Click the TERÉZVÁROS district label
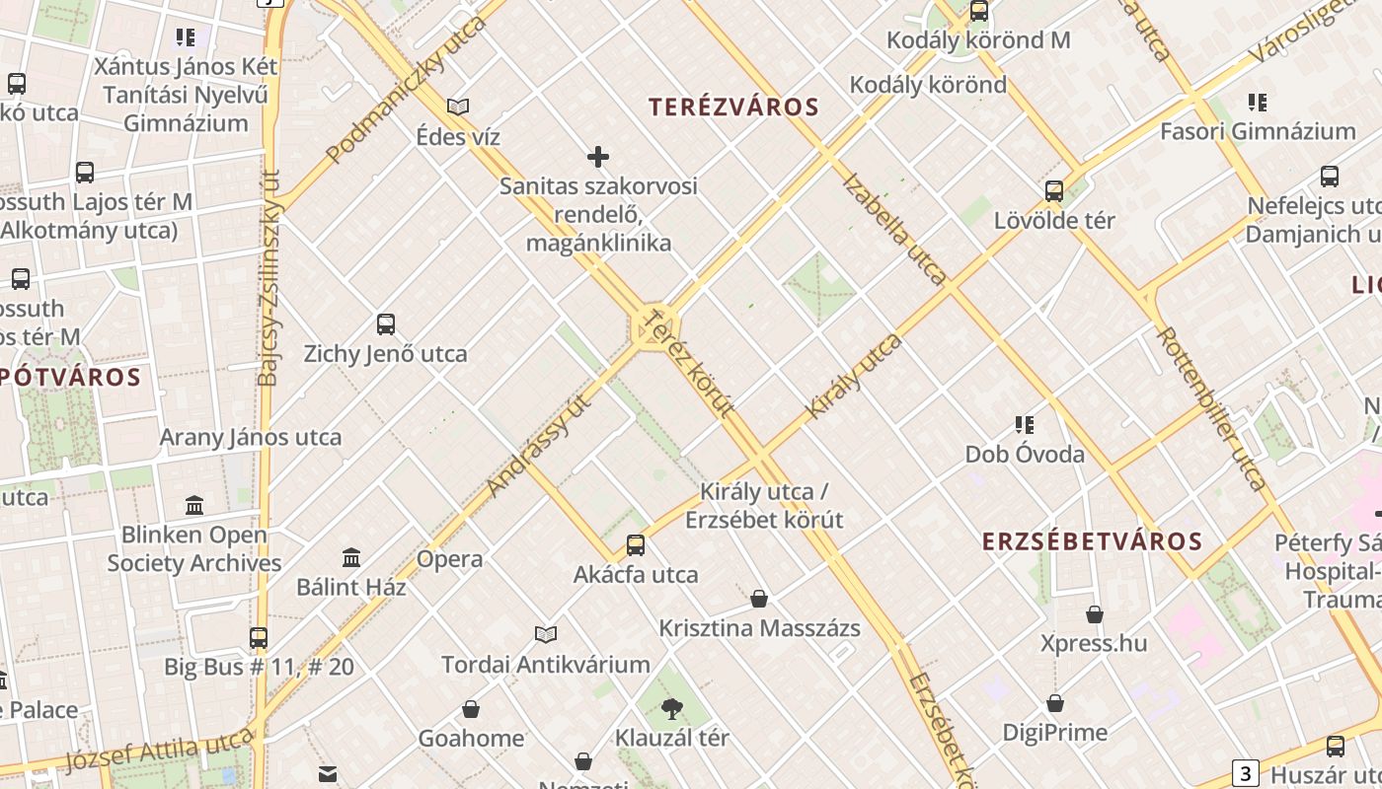coord(733,108)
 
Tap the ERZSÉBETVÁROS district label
coord(1092,540)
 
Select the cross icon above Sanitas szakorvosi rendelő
coord(598,156)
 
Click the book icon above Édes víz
coord(458,107)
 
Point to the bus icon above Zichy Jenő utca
coord(386,323)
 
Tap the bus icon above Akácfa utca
coord(636,544)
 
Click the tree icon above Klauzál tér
coord(672,707)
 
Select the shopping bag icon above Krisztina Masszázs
coord(759,598)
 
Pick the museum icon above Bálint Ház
coord(351,557)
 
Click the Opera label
coord(450,559)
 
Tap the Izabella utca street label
coord(894,230)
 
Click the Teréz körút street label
coord(689,362)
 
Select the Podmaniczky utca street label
coord(407,89)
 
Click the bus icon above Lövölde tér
coord(1054,190)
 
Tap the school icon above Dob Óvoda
coord(1025,425)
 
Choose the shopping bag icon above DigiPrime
coord(1055,703)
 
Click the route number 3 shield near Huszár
coord(1247,772)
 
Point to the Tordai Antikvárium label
coord(546,664)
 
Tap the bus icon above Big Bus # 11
coord(259,637)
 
